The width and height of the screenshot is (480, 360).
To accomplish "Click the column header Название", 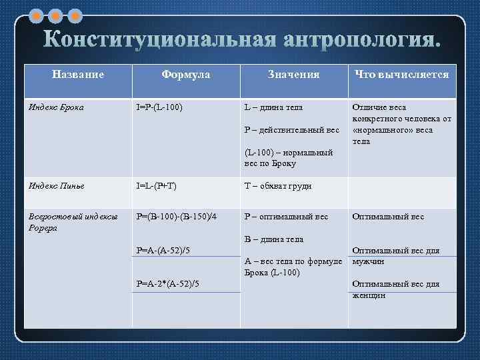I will [x=78, y=75].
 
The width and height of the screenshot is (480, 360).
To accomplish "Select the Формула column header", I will [x=185, y=75].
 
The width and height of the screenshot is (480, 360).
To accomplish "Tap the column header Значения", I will [x=293, y=75].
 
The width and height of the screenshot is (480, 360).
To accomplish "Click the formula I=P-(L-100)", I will [x=159, y=107].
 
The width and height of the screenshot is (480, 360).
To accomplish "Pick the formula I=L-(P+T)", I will [x=157, y=186].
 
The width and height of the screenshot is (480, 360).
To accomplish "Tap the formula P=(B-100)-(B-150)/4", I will [x=176, y=216].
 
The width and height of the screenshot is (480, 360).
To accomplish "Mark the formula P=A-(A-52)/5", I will [x=167, y=251].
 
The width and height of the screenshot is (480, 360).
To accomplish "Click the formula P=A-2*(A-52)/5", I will [x=169, y=285].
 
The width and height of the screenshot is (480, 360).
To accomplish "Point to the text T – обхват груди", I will [x=278, y=186].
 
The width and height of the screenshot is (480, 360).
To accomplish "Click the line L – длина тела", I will [x=273, y=107].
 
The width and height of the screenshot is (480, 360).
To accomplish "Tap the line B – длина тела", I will [x=274, y=239].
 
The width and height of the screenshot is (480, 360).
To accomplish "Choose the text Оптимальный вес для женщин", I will [x=395, y=289].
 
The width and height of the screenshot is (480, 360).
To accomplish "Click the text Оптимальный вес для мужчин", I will [x=395, y=256].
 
